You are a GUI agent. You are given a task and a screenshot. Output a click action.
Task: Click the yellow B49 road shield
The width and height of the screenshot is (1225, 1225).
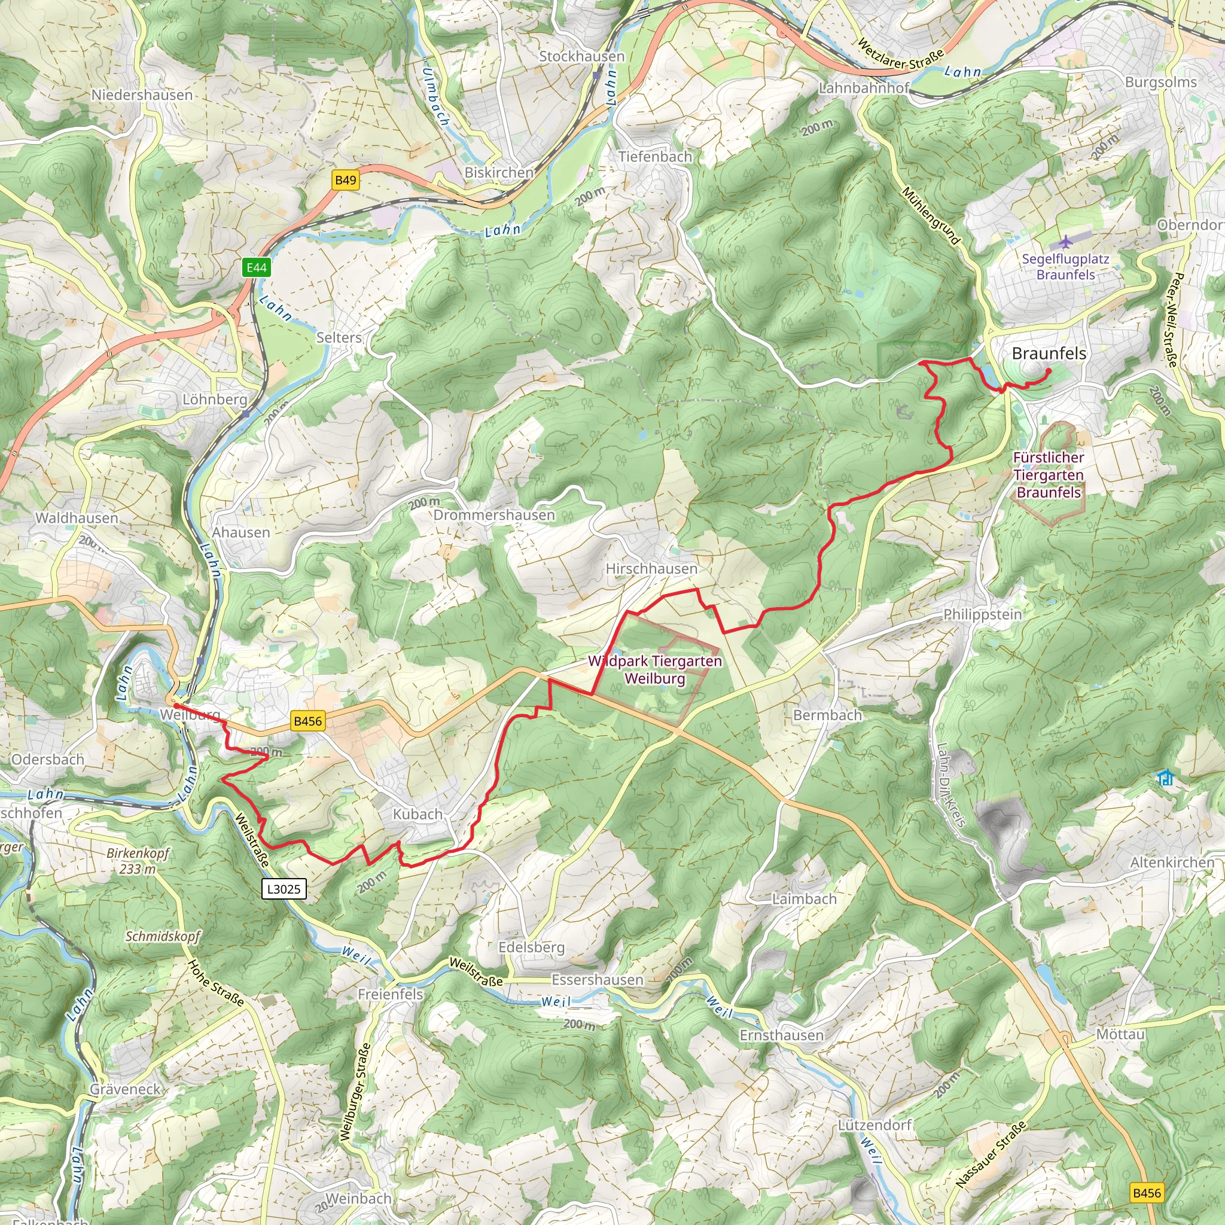click(x=346, y=180)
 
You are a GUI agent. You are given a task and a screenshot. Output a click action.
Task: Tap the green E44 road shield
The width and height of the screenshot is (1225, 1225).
click(x=257, y=267)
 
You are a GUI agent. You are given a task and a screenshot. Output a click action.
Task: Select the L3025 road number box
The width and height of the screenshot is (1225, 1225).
click(x=284, y=888)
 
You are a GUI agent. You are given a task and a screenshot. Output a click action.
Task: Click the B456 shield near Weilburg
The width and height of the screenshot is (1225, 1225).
click(x=307, y=720)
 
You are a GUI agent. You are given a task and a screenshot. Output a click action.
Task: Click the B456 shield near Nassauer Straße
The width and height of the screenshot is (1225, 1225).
click(x=1147, y=1193)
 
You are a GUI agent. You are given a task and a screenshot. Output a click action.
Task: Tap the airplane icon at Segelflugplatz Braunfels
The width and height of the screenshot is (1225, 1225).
click(x=1066, y=242)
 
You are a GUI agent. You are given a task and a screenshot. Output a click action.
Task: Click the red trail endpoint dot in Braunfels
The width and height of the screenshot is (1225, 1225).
click(x=1049, y=371)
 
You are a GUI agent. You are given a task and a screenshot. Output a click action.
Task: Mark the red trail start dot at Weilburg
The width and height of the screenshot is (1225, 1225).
click(x=175, y=705)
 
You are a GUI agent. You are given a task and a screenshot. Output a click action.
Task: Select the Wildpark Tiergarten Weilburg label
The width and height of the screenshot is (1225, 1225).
click(x=655, y=669)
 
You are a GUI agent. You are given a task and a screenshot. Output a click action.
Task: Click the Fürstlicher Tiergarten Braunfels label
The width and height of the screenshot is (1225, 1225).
click(x=1049, y=474)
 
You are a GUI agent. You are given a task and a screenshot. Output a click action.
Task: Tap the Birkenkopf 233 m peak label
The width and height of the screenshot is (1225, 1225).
click(x=138, y=860)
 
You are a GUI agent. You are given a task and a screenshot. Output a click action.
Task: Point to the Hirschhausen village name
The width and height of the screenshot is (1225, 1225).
click(x=651, y=568)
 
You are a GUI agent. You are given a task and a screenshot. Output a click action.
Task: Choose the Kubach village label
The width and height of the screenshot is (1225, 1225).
click(x=418, y=813)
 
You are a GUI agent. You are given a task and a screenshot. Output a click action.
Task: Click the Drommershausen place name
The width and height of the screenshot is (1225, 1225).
click(x=494, y=515)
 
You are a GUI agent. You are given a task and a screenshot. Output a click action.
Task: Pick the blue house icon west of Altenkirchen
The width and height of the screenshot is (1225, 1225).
click(x=1165, y=778)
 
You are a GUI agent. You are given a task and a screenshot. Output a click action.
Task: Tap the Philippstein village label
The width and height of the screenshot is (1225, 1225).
click(x=982, y=614)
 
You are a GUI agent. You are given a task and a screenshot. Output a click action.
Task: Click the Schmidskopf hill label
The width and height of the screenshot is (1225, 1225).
click(x=162, y=936)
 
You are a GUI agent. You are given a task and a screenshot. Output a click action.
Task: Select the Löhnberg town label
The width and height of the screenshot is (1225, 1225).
click(x=214, y=400)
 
